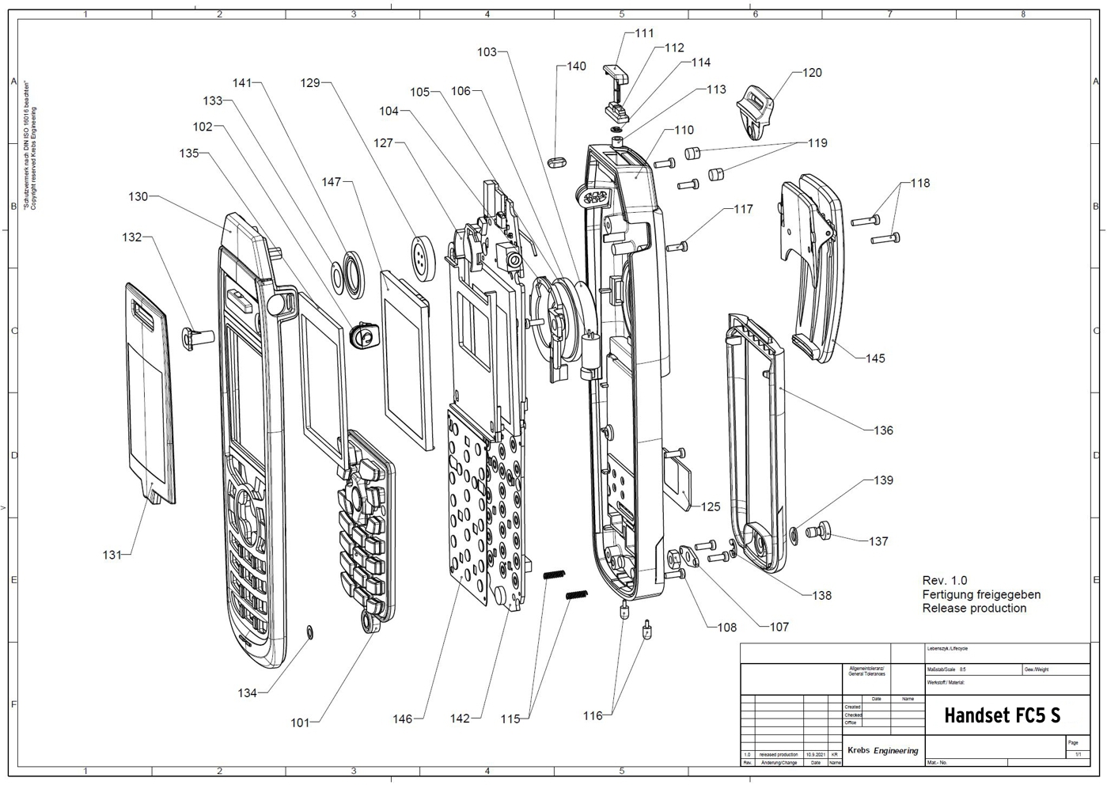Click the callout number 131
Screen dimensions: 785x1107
[112, 556]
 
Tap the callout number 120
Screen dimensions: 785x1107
[812, 73]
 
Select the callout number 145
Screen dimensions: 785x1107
[875, 358]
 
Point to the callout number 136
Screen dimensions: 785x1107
[883, 430]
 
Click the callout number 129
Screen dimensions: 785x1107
[310, 82]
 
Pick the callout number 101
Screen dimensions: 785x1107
[300, 722]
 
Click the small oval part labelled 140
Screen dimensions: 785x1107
[557, 161]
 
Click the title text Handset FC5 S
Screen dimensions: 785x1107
[1002, 716]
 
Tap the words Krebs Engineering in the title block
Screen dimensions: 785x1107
[882, 750]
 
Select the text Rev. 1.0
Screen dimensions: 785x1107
[944, 581]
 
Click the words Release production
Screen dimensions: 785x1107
[974, 609]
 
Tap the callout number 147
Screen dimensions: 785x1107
[332, 182]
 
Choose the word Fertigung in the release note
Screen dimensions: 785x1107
[948, 594]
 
